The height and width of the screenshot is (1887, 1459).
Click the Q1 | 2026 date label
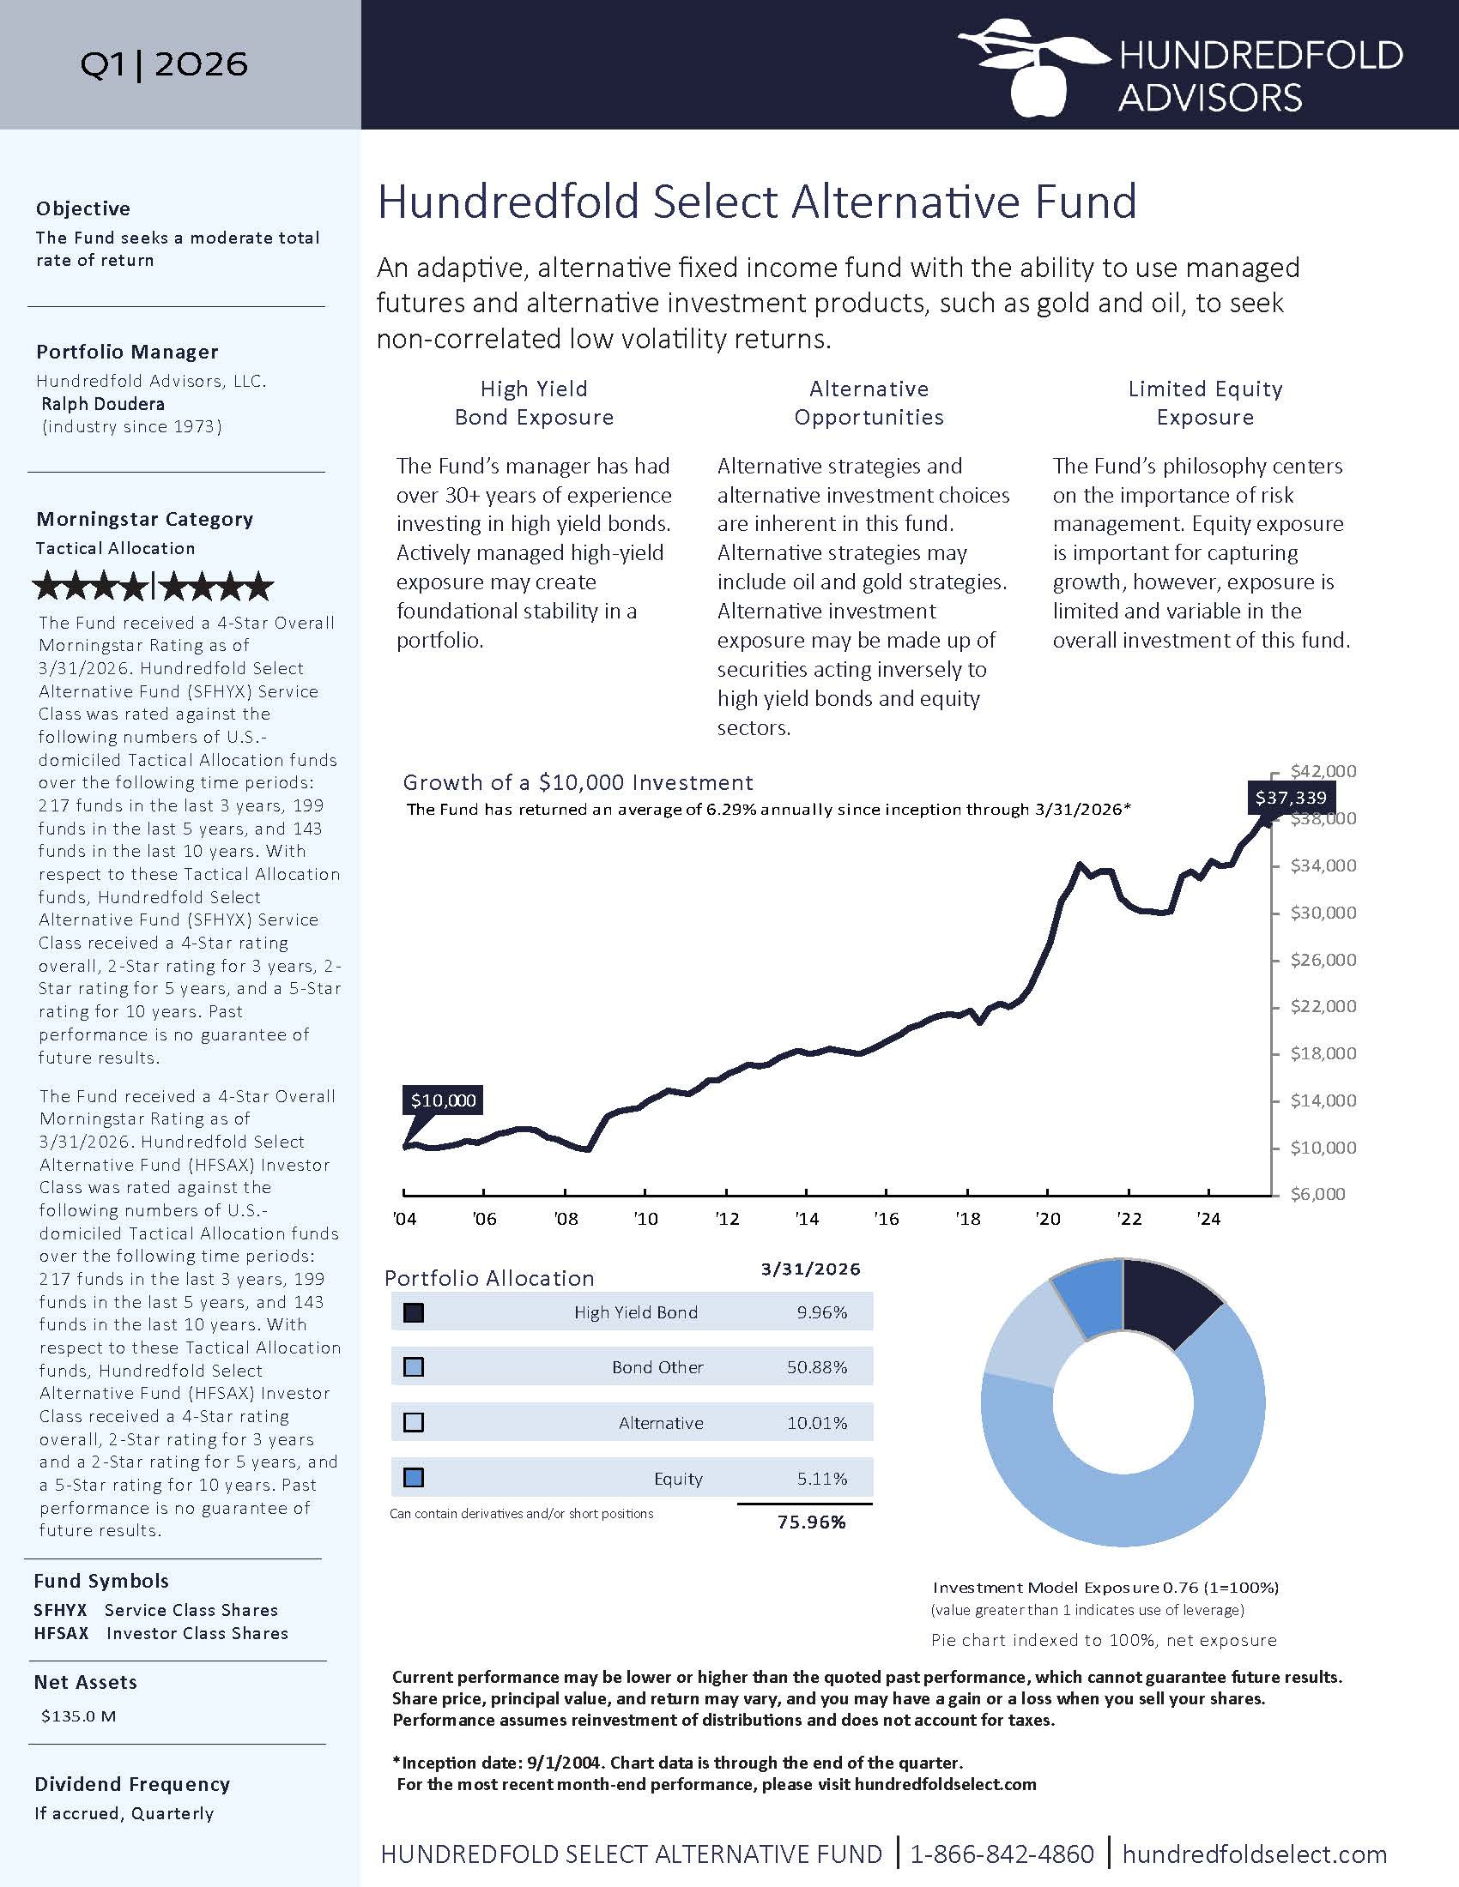click(x=164, y=64)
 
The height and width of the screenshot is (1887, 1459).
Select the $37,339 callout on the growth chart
click(x=1291, y=798)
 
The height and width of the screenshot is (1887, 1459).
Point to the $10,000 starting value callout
click(x=443, y=1100)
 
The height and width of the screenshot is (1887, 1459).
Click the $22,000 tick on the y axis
click(x=1323, y=1007)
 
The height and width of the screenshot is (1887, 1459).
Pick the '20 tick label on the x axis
click(x=1048, y=1219)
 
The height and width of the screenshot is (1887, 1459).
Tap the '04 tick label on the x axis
click(x=404, y=1219)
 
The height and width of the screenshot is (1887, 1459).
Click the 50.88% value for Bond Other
click(x=817, y=1367)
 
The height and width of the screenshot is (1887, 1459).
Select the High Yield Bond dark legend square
click(x=414, y=1312)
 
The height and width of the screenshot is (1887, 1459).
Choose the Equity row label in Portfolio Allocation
click(x=679, y=1479)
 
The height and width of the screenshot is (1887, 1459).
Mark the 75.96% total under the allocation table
click(x=812, y=1522)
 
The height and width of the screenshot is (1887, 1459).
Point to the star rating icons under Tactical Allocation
click(x=153, y=588)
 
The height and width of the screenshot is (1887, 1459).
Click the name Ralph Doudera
click(x=103, y=403)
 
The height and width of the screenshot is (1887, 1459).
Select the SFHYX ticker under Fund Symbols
click(x=60, y=1610)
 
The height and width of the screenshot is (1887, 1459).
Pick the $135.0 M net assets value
click(x=79, y=1716)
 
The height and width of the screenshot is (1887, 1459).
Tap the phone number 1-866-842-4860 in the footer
click(x=1002, y=1854)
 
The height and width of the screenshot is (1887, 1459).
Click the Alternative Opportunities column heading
click(x=869, y=402)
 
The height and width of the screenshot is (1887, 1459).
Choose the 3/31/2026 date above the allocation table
click(x=811, y=1269)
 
